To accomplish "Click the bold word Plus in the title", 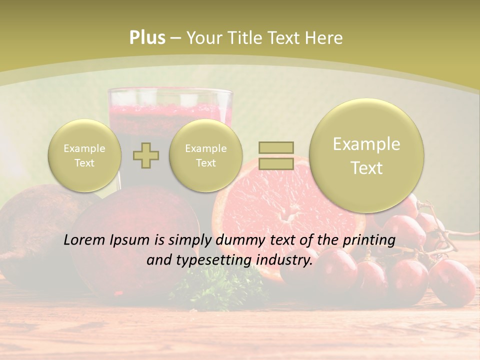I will click(147, 37).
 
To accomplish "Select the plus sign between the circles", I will click(146, 155).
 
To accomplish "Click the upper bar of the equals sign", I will click(276, 147).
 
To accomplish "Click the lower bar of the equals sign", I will click(276, 163).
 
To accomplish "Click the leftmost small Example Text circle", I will click(84, 155).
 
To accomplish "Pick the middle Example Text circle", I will click(206, 155).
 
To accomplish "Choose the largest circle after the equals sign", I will click(366, 155).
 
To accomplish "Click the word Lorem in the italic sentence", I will click(85, 240).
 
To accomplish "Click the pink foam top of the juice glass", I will click(170, 107).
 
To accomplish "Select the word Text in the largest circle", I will click(366, 168).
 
